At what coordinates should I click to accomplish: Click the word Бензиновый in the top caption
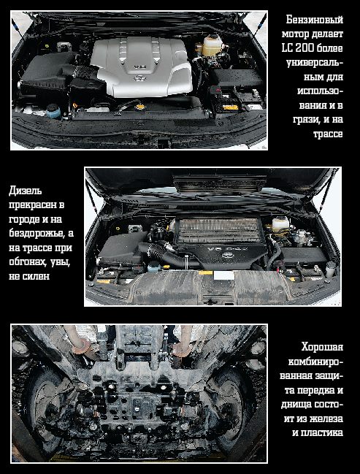[314, 20]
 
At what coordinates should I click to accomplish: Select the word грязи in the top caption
[307, 120]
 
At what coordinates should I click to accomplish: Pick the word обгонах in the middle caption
[28, 262]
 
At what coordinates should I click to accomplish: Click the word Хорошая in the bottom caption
[322, 347]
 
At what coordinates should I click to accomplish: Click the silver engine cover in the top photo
[142, 66]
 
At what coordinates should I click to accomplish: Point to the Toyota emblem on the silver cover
[140, 79]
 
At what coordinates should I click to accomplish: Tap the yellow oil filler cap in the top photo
[140, 107]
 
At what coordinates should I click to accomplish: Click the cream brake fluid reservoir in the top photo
[212, 45]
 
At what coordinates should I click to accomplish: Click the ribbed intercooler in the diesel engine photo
[220, 231]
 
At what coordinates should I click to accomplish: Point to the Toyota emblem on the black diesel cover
[228, 255]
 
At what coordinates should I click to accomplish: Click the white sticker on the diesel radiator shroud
[223, 275]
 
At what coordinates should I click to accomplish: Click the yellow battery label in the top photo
[230, 107]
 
